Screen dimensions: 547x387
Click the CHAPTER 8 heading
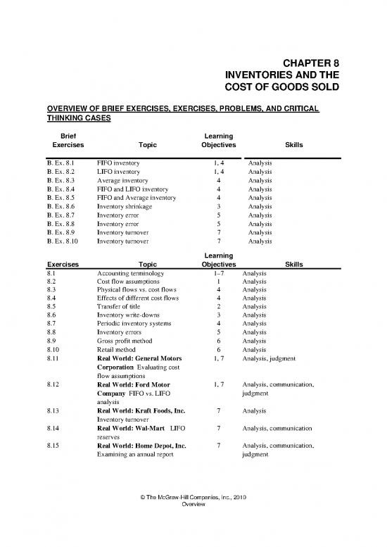[310, 62]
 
